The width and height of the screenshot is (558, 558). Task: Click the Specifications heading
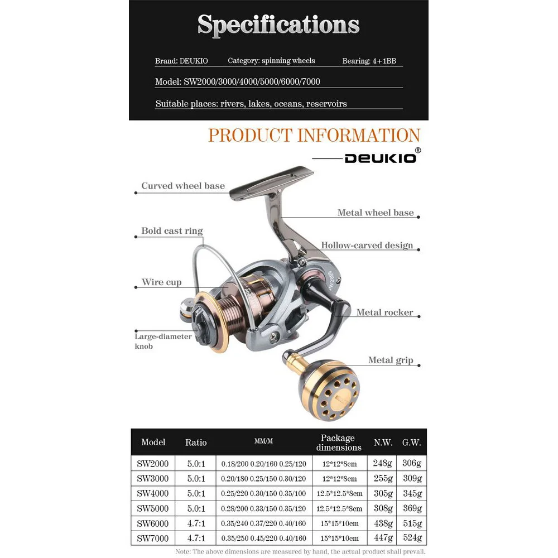[278, 25]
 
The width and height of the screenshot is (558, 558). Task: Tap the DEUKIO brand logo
[380, 157]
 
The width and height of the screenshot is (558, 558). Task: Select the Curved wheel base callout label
[182, 186]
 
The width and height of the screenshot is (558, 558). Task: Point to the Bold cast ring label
[172, 231]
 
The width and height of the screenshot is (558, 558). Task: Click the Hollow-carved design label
[367, 245]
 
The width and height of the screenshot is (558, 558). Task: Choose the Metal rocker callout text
[384, 312]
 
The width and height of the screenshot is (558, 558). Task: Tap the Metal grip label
[390, 360]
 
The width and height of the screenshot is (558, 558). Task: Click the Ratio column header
[196, 442]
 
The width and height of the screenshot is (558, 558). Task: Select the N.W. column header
[383, 442]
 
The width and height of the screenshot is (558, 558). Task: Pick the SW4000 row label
[153, 493]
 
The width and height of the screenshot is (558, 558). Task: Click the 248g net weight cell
[383, 463]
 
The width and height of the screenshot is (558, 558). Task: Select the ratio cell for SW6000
[196, 523]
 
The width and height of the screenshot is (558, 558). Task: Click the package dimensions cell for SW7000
[339, 538]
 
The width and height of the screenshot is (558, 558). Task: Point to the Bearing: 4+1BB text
[369, 61]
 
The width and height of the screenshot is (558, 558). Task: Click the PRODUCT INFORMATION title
[314, 135]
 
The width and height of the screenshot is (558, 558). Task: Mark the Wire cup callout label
[161, 282]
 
